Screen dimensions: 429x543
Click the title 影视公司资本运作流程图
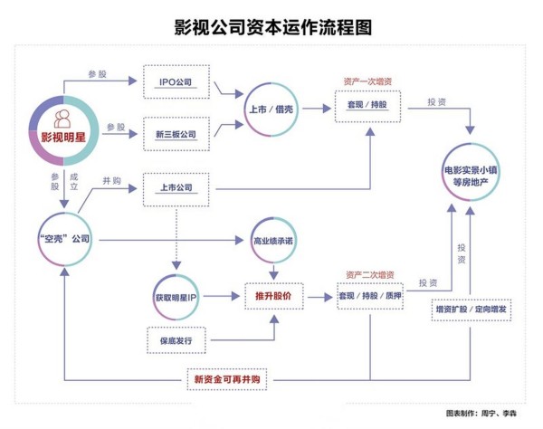[272, 27]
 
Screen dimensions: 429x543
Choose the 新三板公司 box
[176, 135]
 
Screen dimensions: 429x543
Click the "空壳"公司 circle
[65, 240]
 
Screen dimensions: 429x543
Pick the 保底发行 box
[176, 339]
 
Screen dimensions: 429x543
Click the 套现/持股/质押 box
[369, 296]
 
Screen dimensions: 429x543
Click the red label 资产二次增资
[369, 272]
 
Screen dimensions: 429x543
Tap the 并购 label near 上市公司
[112, 180]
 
